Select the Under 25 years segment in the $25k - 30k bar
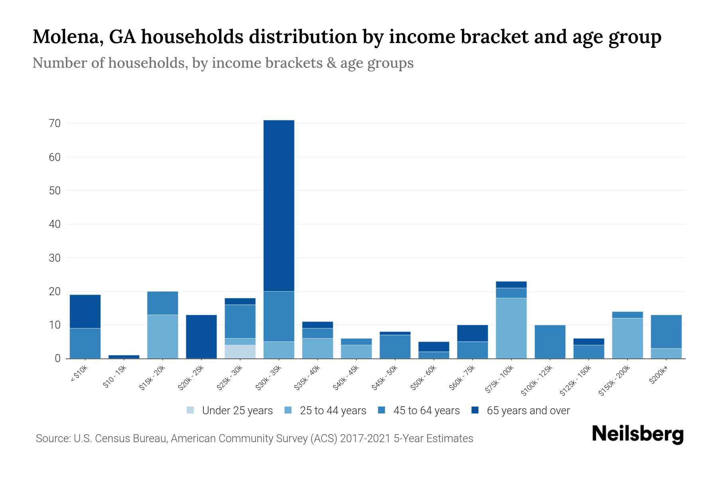pos(240,352)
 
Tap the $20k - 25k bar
pos(201,337)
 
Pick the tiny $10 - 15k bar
pos(124,357)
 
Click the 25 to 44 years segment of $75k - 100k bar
pos(511,328)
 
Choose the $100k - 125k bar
pos(550,342)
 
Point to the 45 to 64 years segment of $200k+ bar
pos(666,332)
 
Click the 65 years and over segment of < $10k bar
pos(85,311)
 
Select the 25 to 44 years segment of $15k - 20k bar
pos(163,337)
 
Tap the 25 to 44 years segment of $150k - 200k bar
pos(627,338)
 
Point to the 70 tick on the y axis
pos(55,123)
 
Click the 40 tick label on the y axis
pos(55,224)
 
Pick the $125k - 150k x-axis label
pos(576,381)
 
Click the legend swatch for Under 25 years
pos(191,410)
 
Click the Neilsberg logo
pos(637,434)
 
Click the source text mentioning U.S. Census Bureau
pos(254,439)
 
